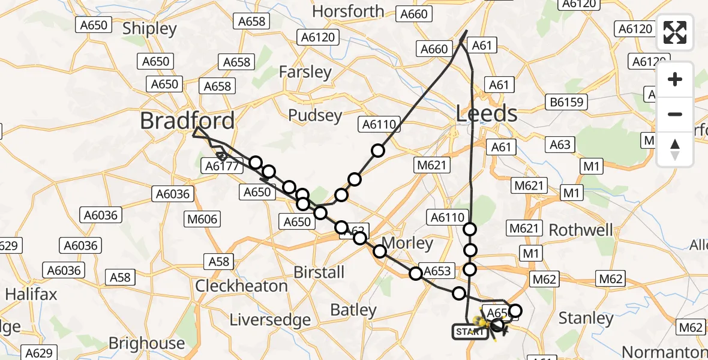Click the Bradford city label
pos(187,121)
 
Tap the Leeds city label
pos(487,113)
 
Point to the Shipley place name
pos(149,29)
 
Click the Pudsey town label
pos(315,115)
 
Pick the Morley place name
pos(407,243)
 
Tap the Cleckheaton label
pos(242,286)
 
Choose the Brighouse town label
pos(146,343)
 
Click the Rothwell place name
pos(581,230)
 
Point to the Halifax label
pos(31,294)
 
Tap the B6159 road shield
pos(566,103)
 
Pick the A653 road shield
pos(436,271)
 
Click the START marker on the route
pos(470,331)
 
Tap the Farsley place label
pos(305,72)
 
